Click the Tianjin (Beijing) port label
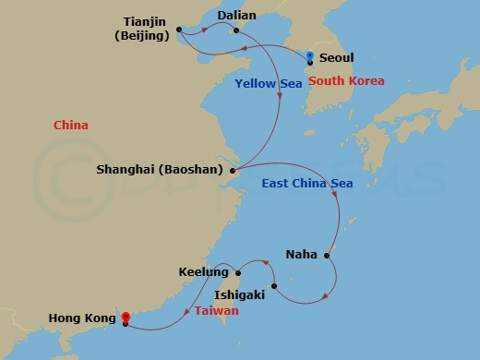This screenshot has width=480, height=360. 143,28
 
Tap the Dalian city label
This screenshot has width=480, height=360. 236,16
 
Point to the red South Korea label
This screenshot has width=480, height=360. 346,81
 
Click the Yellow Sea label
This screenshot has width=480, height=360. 269,84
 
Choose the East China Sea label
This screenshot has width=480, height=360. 307,184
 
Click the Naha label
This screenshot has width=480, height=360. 301,254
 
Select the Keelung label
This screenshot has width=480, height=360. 203,273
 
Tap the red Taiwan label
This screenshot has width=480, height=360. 218,311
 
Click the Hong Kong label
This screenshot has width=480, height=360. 84,320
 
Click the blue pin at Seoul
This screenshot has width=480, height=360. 310,57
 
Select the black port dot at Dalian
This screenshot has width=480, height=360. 237,30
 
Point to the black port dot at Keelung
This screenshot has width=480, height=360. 238,272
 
